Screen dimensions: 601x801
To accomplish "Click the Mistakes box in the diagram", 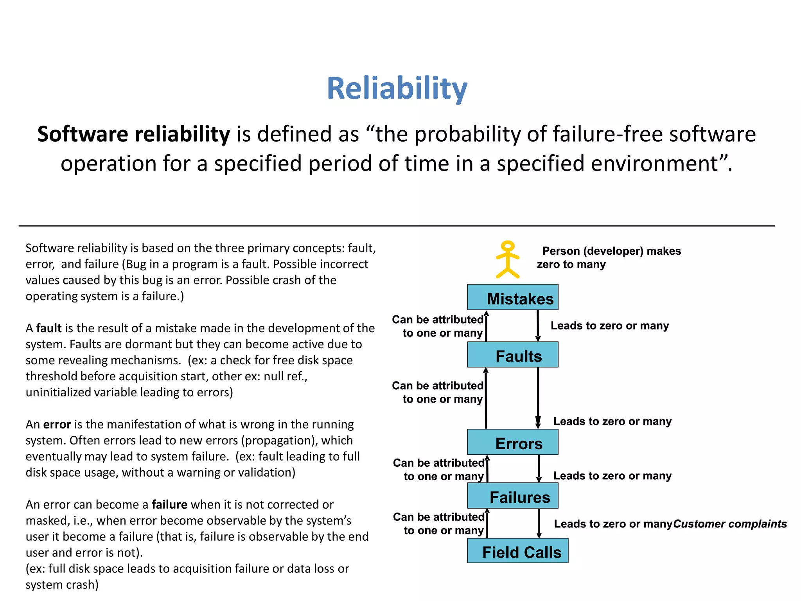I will pyautogui.click(x=512, y=297).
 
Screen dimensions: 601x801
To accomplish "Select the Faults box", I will pyautogui.click(x=512, y=355).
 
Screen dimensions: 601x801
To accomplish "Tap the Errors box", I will pyautogui.click(x=512, y=443).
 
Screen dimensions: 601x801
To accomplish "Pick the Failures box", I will pyautogui.click(x=512, y=496).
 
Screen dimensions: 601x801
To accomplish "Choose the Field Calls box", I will pyautogui.click(x=517, y=551).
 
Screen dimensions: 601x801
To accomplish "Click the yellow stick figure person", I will pyautogui.click(x=507, y=259).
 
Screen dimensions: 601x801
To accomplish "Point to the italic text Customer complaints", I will pyautogui.click(x=730, y=524).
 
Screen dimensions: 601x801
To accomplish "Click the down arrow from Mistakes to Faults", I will pyautogui.click(x=538, y=326).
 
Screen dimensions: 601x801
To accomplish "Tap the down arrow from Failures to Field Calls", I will pyautogui.click(x=539, y=524).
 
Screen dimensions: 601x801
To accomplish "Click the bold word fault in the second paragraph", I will pyautogui.click(x=49, y=328).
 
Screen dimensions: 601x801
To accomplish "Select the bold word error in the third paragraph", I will pyautogui.click(x=57, y=425).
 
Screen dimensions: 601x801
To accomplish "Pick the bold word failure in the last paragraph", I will pyautogui.click(x=169, y=505).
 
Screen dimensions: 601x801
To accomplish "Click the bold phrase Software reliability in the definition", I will pyautogui.click(x=133, y=134).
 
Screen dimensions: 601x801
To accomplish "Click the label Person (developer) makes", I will pyautogui.click(x=611, y=251).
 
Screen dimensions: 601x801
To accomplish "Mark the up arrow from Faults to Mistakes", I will pyautogui.click(x=486, y=326).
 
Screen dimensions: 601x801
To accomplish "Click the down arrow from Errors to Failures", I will pyautogui.click(x=539, y=469).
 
